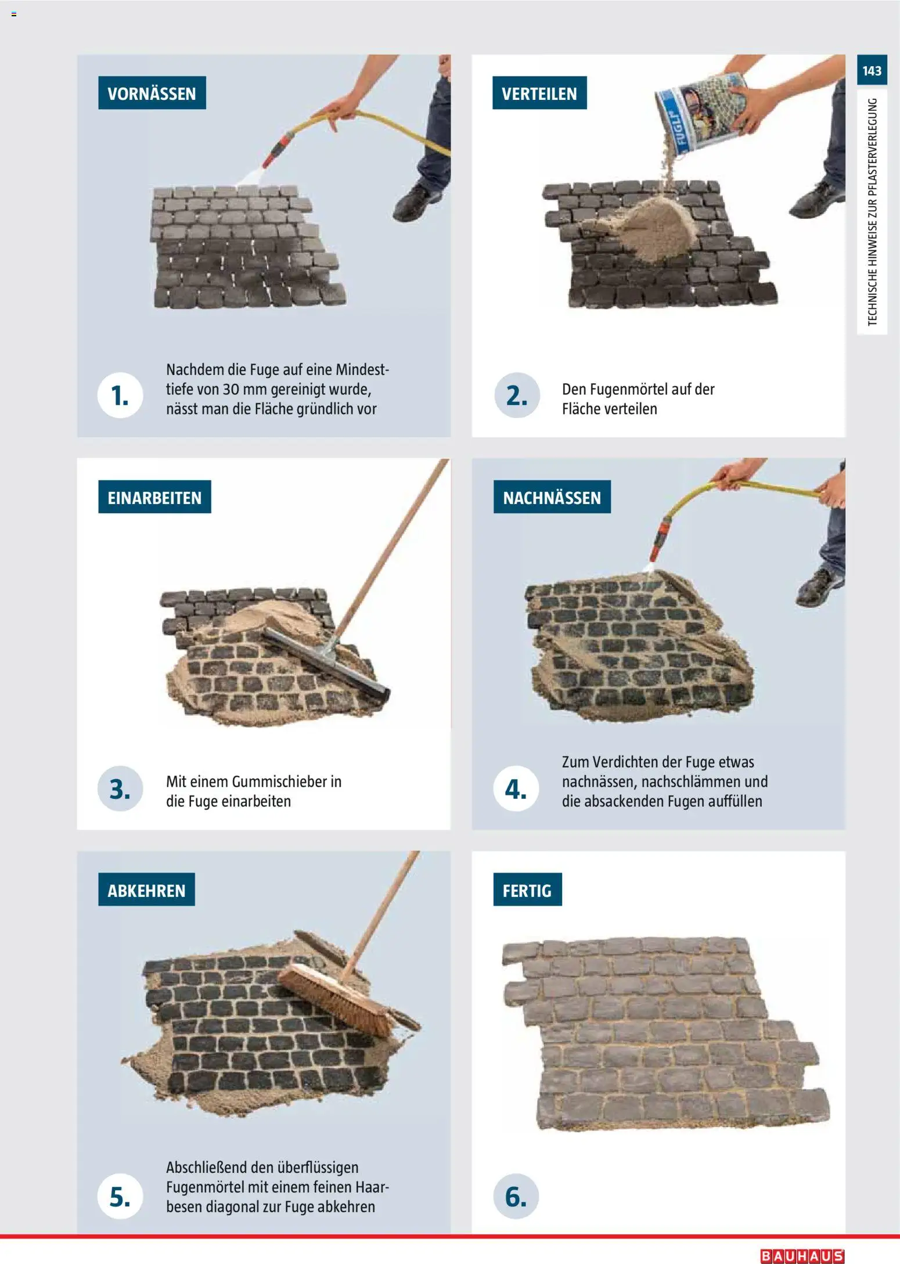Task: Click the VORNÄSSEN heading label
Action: click(x=152, y=93)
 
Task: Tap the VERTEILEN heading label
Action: click(x=539, y=93)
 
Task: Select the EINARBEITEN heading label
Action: click(x=154, y=498)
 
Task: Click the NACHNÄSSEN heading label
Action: click(x=552, y=498)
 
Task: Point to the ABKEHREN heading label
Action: click(x=146, y=890)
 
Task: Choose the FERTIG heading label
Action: click(x=527, y=890)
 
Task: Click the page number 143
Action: click(x=872, y=71)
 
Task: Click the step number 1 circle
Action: click(x=120, y=395)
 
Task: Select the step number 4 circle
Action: click(x=516, y=788)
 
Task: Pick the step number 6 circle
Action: click(x=516, y=1196)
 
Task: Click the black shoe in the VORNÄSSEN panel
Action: click(x=416, y=203)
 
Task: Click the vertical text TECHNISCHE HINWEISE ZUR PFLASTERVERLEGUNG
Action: click(x=872, y=212)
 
